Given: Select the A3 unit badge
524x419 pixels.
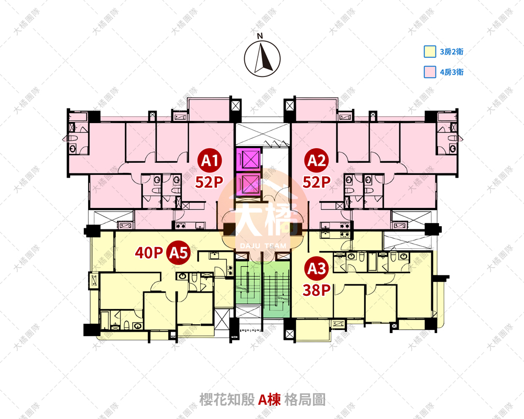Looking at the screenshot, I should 316,269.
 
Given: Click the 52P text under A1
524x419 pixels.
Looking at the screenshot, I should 210,182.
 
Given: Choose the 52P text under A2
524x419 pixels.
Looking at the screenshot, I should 316,182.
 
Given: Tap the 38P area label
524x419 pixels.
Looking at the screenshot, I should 316,290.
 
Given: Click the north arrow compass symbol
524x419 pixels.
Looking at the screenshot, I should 262,58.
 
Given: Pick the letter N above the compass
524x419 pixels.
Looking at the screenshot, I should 259,36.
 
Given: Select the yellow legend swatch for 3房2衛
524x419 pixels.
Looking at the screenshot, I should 430,52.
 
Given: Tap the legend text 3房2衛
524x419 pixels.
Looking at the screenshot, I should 452,52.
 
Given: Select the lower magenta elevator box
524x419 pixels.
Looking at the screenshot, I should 247,184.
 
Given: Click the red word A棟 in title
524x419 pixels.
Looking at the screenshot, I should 271,400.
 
